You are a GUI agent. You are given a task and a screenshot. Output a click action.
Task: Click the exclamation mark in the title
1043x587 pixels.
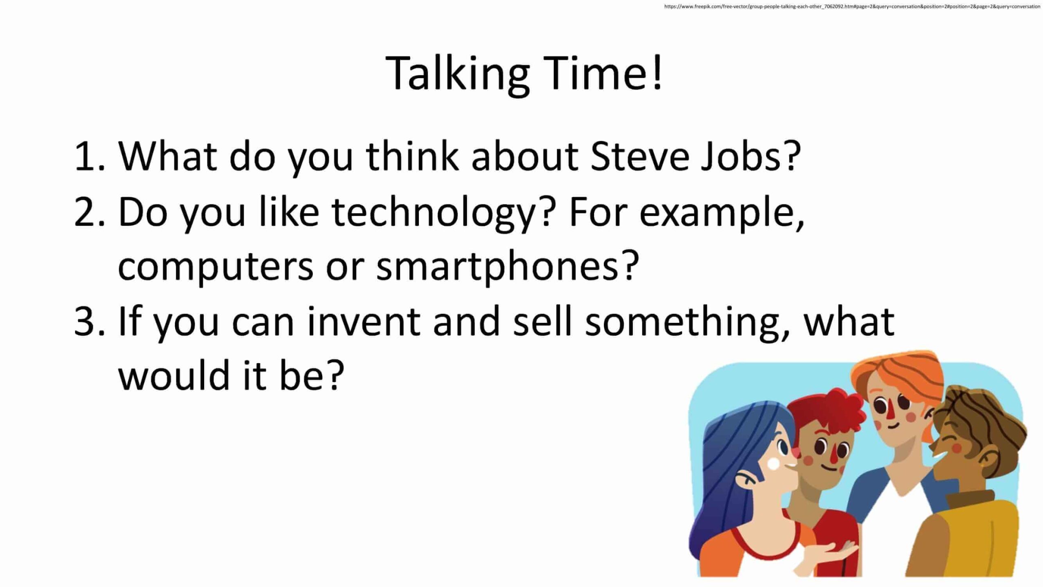click(x=657, y=72)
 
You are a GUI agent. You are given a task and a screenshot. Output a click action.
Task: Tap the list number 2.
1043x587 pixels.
click(x=90, y=211)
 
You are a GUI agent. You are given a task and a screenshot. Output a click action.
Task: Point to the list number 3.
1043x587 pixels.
click(x=90, y=321)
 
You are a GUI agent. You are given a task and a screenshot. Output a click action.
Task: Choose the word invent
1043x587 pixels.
click(x=364, y=321)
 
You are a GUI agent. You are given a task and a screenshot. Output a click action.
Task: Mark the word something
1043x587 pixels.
click(x=687, y=324)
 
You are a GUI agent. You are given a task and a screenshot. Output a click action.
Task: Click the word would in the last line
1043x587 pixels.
click(x=174, y=375)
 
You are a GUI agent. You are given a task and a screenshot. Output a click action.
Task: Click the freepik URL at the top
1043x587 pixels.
click(x=852, y=6)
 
